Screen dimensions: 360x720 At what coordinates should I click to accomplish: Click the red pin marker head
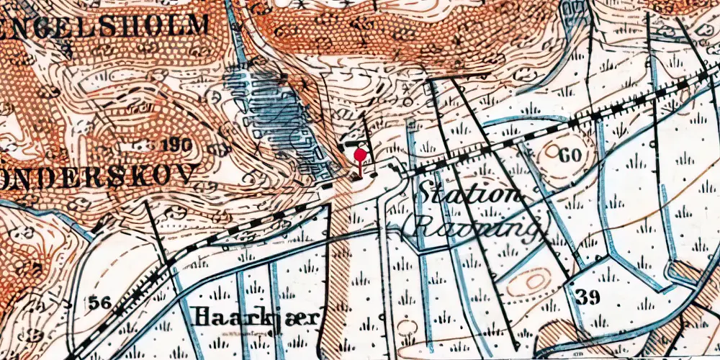361,154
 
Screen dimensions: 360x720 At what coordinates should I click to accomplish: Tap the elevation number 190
176,145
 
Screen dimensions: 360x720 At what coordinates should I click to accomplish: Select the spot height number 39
588,297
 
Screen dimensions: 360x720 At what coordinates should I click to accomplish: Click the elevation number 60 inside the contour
570,154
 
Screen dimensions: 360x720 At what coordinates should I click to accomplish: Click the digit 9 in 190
176,145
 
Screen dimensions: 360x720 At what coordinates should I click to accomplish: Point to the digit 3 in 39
582,297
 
